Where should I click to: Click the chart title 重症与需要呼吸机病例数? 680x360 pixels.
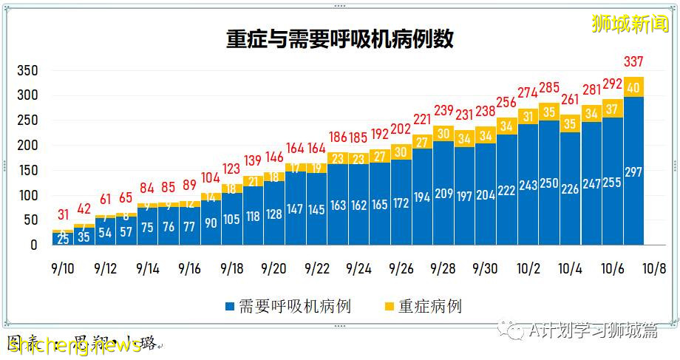339,39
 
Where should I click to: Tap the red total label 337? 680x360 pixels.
633,61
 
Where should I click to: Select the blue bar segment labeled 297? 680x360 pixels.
633,171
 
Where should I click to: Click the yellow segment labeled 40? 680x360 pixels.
633,87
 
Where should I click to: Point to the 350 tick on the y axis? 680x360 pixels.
27,71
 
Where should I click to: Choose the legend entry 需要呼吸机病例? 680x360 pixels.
288,306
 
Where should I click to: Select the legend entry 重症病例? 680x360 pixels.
423,306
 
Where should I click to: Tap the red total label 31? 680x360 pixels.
64,215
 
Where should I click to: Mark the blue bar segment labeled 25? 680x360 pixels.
64,239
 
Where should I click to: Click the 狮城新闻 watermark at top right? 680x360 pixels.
630,24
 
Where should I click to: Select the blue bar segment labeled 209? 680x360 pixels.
443,194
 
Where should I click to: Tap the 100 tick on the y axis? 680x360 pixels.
27,196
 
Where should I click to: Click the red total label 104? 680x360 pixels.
211,177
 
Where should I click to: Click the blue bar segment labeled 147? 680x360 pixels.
296,209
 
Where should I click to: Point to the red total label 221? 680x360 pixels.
422,119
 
